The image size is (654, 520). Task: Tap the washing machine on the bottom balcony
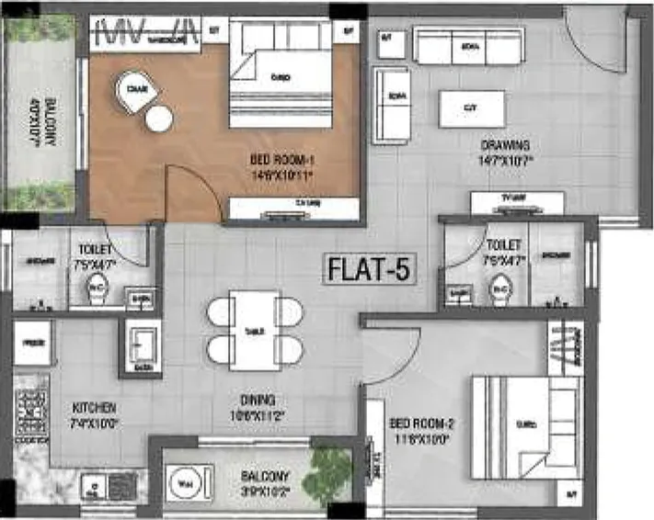(184, 481)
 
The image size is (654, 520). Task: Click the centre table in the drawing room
(471, 108)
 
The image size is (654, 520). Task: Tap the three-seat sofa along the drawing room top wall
(468, 46)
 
